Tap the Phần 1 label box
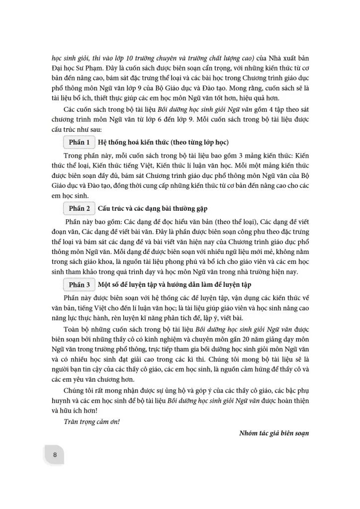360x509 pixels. (79, 143)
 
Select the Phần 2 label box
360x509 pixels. (79, 208)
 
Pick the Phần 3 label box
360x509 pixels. (79, 284)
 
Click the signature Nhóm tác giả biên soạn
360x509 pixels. (274, 433)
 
